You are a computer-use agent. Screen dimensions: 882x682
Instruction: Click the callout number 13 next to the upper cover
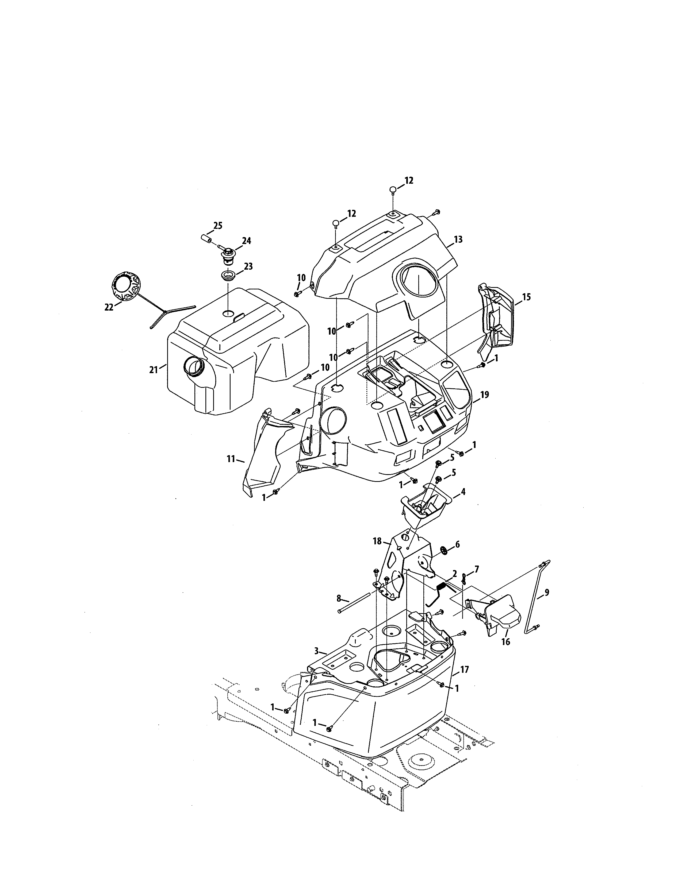[x=458, y=239]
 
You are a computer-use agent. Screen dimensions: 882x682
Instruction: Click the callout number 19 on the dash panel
[x=484, y=394]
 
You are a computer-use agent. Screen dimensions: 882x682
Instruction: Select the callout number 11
[x=231, y=459]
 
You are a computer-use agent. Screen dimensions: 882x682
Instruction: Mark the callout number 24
[x=246, y=241]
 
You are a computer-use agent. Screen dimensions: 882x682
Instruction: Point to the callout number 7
[x=477, y=569]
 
